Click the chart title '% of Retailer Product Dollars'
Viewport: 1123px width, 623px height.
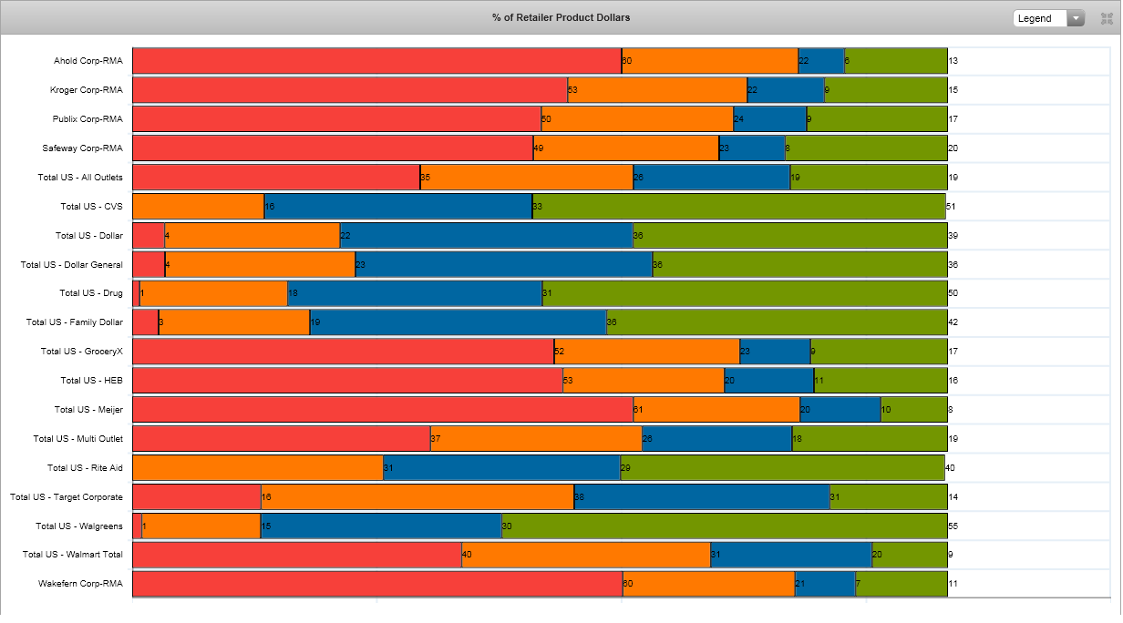pos(561,17)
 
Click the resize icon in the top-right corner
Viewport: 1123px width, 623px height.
pos(1107,18)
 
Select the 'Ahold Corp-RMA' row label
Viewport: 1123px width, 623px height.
pos(88,61)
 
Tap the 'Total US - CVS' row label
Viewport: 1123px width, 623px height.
pos(91,206)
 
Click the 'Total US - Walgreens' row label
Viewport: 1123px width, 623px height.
pos(78,526)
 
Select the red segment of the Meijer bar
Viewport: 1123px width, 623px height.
pos(383,409)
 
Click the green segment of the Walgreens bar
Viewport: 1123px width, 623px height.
pos(724,526)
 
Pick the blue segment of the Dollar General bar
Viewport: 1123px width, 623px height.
pos(503,264)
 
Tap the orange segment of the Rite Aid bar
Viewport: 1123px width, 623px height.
pos(257,467)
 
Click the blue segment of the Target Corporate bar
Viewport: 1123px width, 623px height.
pos(701,496)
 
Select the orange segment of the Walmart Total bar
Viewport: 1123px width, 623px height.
pos(585,554)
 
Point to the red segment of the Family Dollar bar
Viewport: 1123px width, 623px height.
pos(145,322)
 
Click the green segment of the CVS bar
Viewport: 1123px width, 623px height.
pos(738,206)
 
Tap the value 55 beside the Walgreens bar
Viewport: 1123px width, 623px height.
pos(953,526)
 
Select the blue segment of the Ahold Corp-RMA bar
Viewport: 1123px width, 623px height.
pos(820,61)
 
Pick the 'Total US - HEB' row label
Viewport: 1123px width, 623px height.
pos(91,380)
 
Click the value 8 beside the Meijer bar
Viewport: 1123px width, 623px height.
pos(951,410)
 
